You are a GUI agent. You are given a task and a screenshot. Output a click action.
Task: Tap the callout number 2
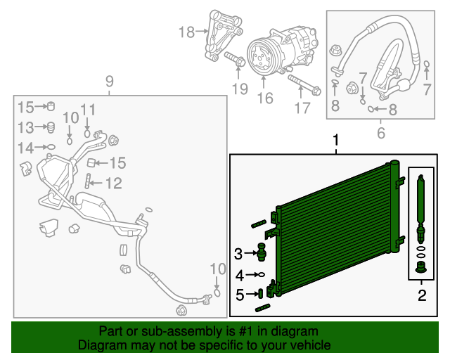click(422, 295)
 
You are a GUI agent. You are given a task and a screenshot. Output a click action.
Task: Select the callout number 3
click(238, 253)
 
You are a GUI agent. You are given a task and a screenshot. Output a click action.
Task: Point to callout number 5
click(239, 295)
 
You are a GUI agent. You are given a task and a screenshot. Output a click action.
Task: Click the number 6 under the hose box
click(381, 132)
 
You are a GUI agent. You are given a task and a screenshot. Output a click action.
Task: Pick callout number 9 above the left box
click(109, 82)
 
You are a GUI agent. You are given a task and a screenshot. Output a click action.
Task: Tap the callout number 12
click(114, 184)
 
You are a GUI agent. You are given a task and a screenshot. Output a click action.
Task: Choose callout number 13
click(25, 127)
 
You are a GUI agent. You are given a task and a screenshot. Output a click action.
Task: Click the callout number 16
click(264, 98)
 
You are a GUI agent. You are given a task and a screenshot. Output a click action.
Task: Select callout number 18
click(186, 32)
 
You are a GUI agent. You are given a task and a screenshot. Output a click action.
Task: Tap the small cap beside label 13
click(50, 127)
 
